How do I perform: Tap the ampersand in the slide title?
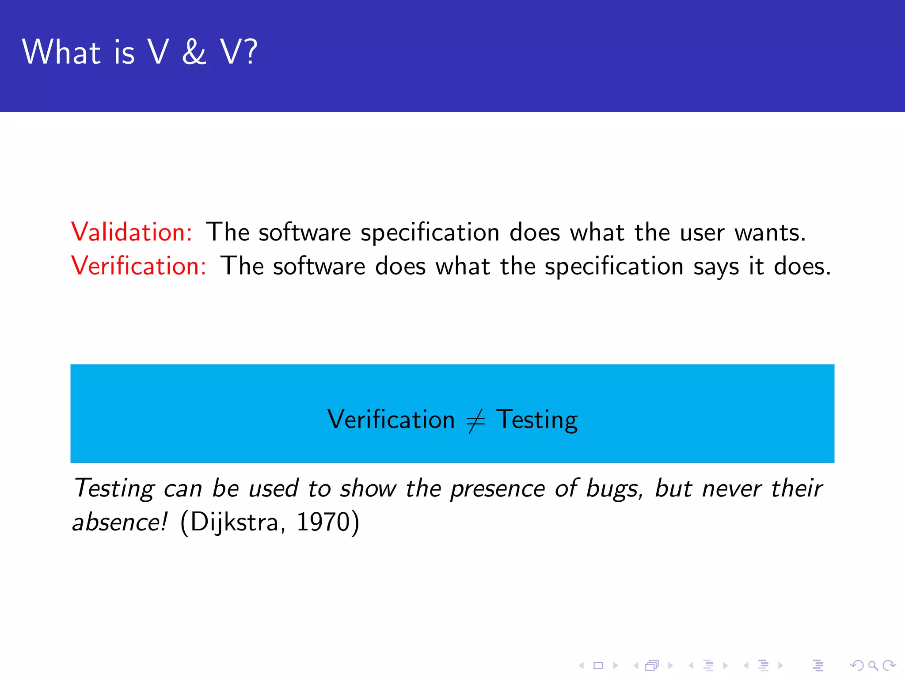(194, 52)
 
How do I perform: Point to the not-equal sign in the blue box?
(475, 420)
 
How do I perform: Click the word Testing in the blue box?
(536, 420)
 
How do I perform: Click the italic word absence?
(120, 522)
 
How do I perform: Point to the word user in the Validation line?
(702, 233)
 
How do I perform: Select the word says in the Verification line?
(716, 267)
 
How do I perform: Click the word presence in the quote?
(498, 489)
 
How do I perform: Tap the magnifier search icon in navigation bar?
(873, 665)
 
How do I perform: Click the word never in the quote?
(732, 489)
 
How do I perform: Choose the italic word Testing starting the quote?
(114, 489)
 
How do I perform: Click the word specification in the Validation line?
(430, 233)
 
